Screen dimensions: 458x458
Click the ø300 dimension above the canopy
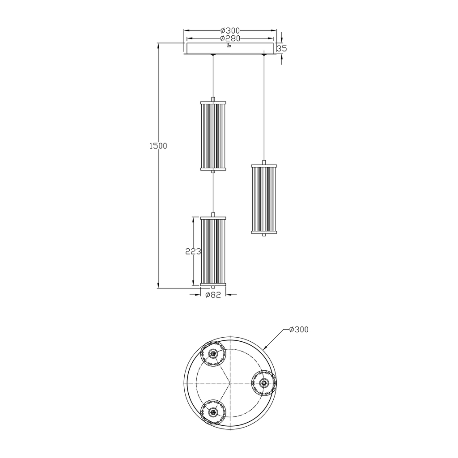(230, 30)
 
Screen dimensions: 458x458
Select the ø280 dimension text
(230, 38)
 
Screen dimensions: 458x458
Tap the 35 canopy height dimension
(282, 48)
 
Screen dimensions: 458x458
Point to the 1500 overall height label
(158, 146)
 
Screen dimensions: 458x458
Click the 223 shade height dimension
(193, 251)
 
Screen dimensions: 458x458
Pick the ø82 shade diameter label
(213, 295)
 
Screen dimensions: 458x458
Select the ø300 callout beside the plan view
(299, 330)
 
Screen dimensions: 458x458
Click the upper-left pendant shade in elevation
(213, 136)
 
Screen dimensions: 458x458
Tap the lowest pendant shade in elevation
(213, 251)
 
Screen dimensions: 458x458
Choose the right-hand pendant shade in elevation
(264, 199)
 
